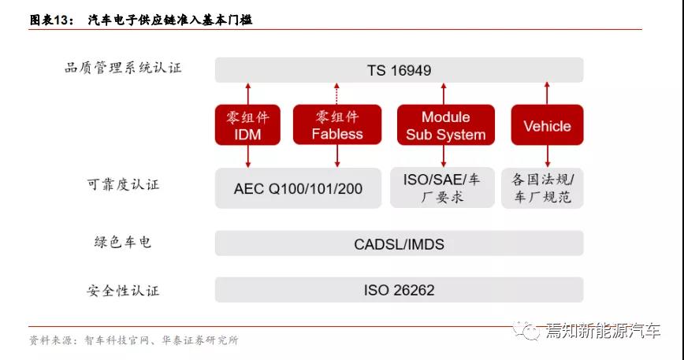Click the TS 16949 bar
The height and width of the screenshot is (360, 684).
400,70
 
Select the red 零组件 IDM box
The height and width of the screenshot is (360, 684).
247,124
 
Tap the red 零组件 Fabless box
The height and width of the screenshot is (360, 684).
337,124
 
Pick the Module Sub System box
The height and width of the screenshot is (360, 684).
446,124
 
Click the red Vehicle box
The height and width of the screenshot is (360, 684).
547,124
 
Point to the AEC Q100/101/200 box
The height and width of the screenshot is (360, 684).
299,188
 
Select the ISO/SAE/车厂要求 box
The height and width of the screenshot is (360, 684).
442,187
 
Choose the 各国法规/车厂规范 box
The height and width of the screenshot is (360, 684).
542,187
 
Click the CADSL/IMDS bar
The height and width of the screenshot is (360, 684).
400,243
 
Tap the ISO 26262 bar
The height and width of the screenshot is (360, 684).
400,290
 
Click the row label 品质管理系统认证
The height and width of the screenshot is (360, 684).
123,68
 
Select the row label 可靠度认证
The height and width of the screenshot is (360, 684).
123,184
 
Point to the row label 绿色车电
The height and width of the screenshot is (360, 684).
123,242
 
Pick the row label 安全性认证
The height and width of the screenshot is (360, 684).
123,290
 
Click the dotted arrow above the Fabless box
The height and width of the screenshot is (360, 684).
336,94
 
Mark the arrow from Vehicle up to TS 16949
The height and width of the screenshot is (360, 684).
547,93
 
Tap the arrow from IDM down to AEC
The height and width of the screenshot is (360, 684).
247,157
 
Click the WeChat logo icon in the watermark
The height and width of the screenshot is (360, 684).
526,331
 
